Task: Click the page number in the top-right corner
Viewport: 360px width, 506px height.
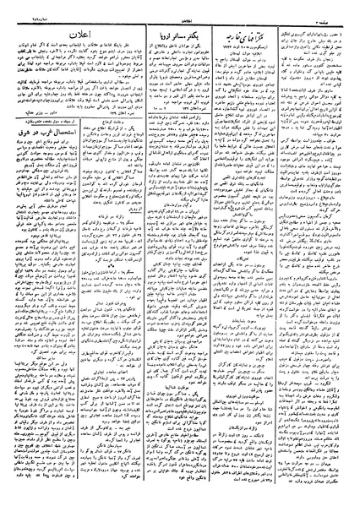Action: [x=341, y=6]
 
